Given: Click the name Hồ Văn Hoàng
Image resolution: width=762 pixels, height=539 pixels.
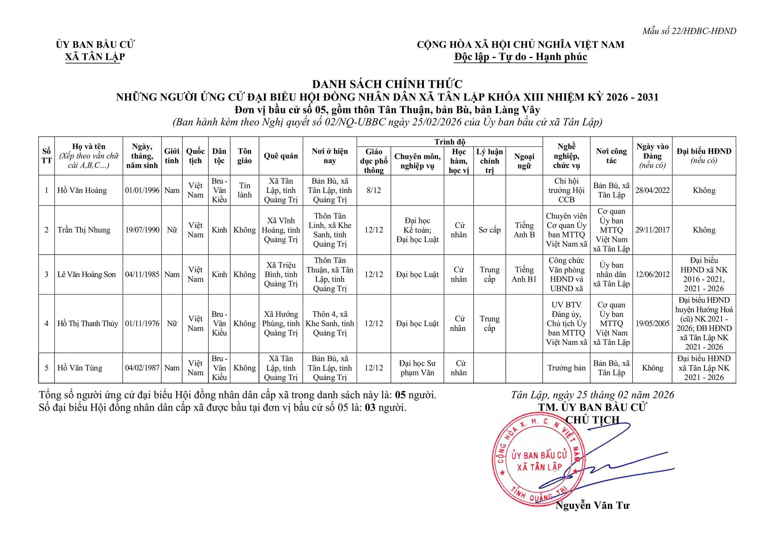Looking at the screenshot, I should click(82, 190).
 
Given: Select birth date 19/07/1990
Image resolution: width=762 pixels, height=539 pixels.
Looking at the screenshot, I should click(142, 230).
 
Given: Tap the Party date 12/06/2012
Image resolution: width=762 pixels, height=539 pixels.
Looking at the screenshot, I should click(652, 274).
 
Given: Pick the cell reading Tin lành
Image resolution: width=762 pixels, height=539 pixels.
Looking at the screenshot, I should click(244, 190).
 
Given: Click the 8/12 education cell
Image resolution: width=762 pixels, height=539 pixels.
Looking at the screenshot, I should click(374, 190).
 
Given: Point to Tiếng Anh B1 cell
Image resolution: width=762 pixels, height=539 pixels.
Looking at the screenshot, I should click(524, 274).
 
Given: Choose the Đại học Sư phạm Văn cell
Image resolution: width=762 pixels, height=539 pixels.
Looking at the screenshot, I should click(417, 368).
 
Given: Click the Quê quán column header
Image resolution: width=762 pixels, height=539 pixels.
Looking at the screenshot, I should click(281, 156).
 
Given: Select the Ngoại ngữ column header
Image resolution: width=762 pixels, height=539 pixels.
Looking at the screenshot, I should click(524, 161).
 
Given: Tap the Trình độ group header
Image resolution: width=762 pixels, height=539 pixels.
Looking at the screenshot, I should click(450, 142).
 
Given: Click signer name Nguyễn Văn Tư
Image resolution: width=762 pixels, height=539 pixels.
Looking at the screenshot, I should click(592, 505).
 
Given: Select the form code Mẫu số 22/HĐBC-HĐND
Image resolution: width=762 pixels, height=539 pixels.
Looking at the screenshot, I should click(689, 31).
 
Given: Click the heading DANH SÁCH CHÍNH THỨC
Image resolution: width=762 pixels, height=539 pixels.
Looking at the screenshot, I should click(387, 84).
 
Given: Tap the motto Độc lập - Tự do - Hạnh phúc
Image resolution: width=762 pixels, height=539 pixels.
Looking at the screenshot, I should click(520, 57).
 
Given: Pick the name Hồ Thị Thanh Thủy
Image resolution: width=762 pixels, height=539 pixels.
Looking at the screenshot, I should click(88, 323).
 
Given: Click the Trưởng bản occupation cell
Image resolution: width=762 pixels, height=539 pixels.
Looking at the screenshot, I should click(566, 368).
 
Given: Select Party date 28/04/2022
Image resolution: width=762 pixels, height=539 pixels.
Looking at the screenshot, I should click(652, 190).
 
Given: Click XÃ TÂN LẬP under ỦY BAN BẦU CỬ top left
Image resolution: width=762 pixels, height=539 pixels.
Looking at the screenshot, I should click(95, 57).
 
